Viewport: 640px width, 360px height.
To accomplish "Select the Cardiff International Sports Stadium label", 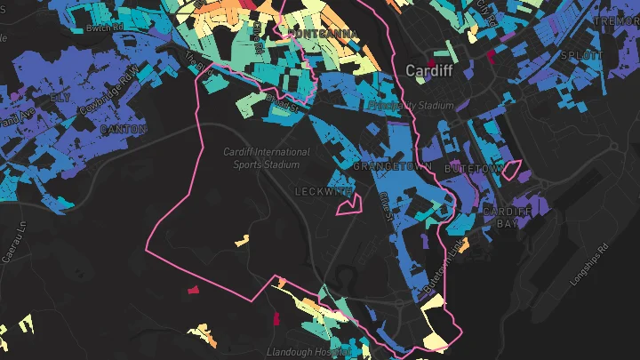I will pyautogui.click(x=266, y=157).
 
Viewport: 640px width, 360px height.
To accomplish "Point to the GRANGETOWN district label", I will pyautogui.click(x=392, y=166).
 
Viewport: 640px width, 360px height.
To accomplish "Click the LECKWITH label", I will pyautogui.click(x=324, y=191).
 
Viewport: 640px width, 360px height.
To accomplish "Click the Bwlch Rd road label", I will pyautogui.click(x=104, y=28).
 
